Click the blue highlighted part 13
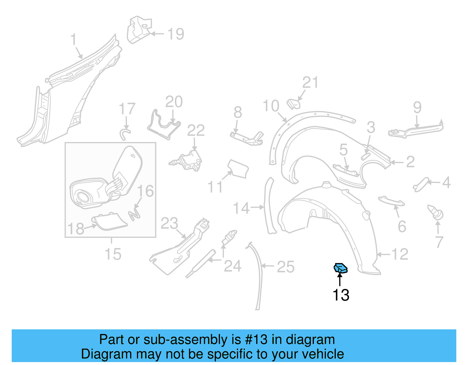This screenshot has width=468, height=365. pyautogui.click(x=341, y=268)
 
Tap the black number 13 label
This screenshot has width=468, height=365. pyautogui.click(x=341, y=295)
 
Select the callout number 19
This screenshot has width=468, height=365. pyautogui.click(x=176, y=34)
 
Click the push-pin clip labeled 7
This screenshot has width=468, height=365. pyautogui.click(x=436, y=212)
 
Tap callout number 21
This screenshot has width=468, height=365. pyautogui.click(x=310, y=83)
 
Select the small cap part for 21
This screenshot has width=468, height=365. pyautogui.click(x=294, y=104)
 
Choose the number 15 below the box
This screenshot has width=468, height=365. pyautogui.click(x=113, y=254)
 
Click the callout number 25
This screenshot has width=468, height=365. pyautogui.click(x=285, y=267)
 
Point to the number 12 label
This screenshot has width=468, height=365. pyautogui.click(x=400, y=254)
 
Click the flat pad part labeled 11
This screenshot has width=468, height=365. pyautogui.click(x=238, y=169)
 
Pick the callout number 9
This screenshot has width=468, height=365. pyautogui.click(x=417, y=108)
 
